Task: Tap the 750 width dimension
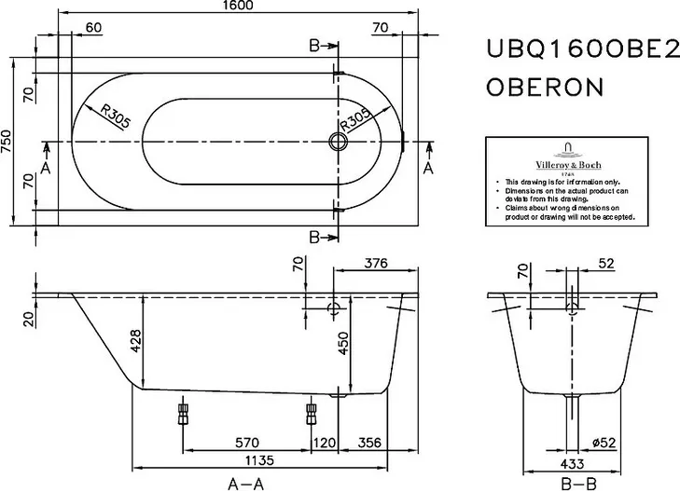[x=7, y=142]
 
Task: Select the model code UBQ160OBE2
[x=582, y=49]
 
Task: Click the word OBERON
[x=545, y=87]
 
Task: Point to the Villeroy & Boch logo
[x=568, y=159]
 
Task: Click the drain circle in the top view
[x=338, y=142]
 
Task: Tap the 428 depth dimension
[x=136, y=341]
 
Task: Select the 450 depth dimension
[x=343, y=343]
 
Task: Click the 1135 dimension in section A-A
[x=259, y=460]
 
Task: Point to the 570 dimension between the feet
[x=247, y=443]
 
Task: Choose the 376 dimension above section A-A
[x=376, y=263]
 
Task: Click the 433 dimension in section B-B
[x=572, y=464]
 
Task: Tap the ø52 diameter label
[x=604, y=443]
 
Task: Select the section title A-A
[x=246, y=484]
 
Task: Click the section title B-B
[x=578, y=484]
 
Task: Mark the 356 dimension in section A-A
[x=370, y=443]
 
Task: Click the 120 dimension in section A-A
[x=325, y=443]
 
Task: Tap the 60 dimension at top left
[x=93, y=27]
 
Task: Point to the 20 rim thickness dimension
[x=29, y=320]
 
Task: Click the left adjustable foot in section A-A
[x=183, y=414]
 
